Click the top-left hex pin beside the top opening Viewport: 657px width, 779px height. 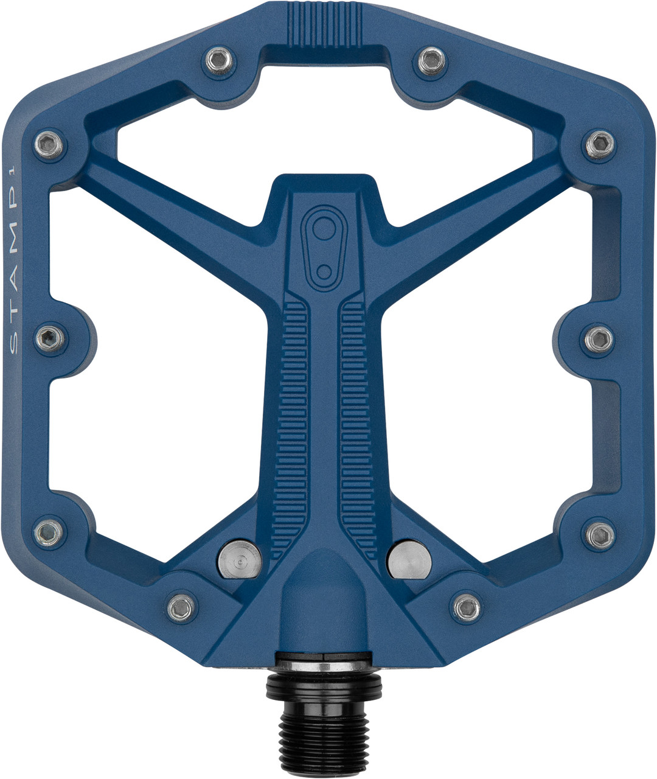[x=217, y=59]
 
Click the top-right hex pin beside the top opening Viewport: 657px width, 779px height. [x=431, y=59]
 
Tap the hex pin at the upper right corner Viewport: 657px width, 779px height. [x=599, y=144]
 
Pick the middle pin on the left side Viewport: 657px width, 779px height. [x=49, y=338]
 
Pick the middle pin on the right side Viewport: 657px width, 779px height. [x=599, y=338]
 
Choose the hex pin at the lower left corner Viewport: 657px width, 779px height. [x=49, y=533]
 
